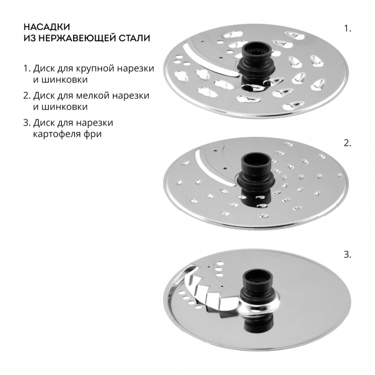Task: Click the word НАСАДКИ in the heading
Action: coord(47,27)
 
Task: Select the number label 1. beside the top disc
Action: coord(347,29)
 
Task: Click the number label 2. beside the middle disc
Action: coord(347,143)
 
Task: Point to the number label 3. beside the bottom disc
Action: coord(347,255)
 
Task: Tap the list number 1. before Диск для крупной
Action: coord(27,69)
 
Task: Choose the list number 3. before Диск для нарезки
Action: coord(27,123)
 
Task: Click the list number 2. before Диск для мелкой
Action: coord(27,96)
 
